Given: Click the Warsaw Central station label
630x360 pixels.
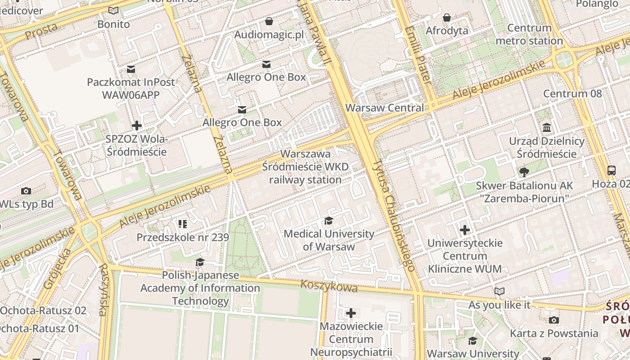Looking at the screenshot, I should pos(384,108).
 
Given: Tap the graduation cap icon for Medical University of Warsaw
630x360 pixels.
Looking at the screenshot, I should pos(328,221).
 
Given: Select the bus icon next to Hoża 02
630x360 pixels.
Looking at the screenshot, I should pos(611,171).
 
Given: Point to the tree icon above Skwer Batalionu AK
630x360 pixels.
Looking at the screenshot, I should pos(524,172).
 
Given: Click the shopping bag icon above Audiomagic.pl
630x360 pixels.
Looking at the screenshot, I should pos(269,21).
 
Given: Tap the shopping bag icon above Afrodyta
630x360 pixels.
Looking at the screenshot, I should pos(447,18).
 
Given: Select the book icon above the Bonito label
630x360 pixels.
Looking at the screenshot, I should pos(113,11).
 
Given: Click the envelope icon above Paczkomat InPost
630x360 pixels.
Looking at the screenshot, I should pos(131,69).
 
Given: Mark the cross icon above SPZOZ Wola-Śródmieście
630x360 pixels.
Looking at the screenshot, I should pos(137,126).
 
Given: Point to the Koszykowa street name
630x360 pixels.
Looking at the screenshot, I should pos(328,286).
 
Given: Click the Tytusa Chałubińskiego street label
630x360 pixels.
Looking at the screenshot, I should pos(393,215).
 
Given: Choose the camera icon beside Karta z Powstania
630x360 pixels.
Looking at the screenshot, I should pos(554,320).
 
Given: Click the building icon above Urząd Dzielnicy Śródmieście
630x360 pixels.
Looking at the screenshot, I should pos(547,128).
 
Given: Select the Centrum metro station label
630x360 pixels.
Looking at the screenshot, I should pos(529,34).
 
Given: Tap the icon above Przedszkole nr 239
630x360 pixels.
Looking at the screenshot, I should pos(182,224).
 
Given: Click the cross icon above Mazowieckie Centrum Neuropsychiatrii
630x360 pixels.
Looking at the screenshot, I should pos(351,313).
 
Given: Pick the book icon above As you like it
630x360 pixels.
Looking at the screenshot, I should pos(499,292).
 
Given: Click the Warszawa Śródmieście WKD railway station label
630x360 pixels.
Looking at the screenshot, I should pos(305,167).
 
